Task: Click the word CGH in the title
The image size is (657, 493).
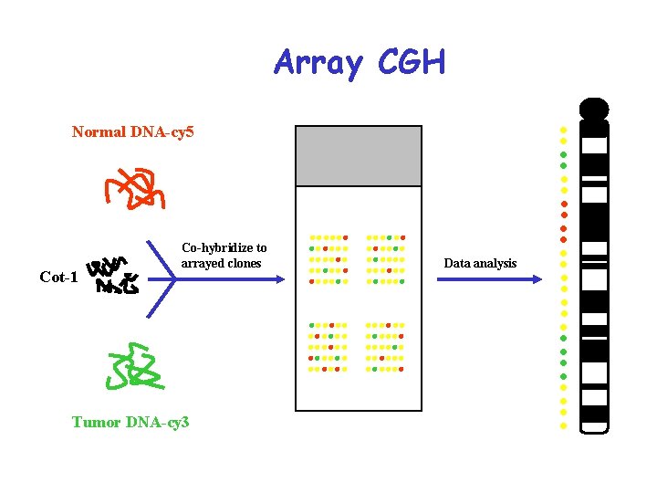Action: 411,64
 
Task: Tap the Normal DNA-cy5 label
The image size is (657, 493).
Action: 133,132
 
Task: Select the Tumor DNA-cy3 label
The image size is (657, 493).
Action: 130,422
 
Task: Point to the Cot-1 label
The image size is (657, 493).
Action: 58,278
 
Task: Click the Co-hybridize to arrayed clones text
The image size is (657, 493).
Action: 224,256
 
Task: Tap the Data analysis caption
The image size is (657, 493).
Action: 480,263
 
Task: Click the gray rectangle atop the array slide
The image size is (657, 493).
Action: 359,155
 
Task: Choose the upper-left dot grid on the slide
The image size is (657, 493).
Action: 328,260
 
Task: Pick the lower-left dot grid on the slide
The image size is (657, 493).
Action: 328,347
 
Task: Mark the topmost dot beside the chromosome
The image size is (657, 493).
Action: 564,129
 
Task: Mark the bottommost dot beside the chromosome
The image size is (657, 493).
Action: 564,425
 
